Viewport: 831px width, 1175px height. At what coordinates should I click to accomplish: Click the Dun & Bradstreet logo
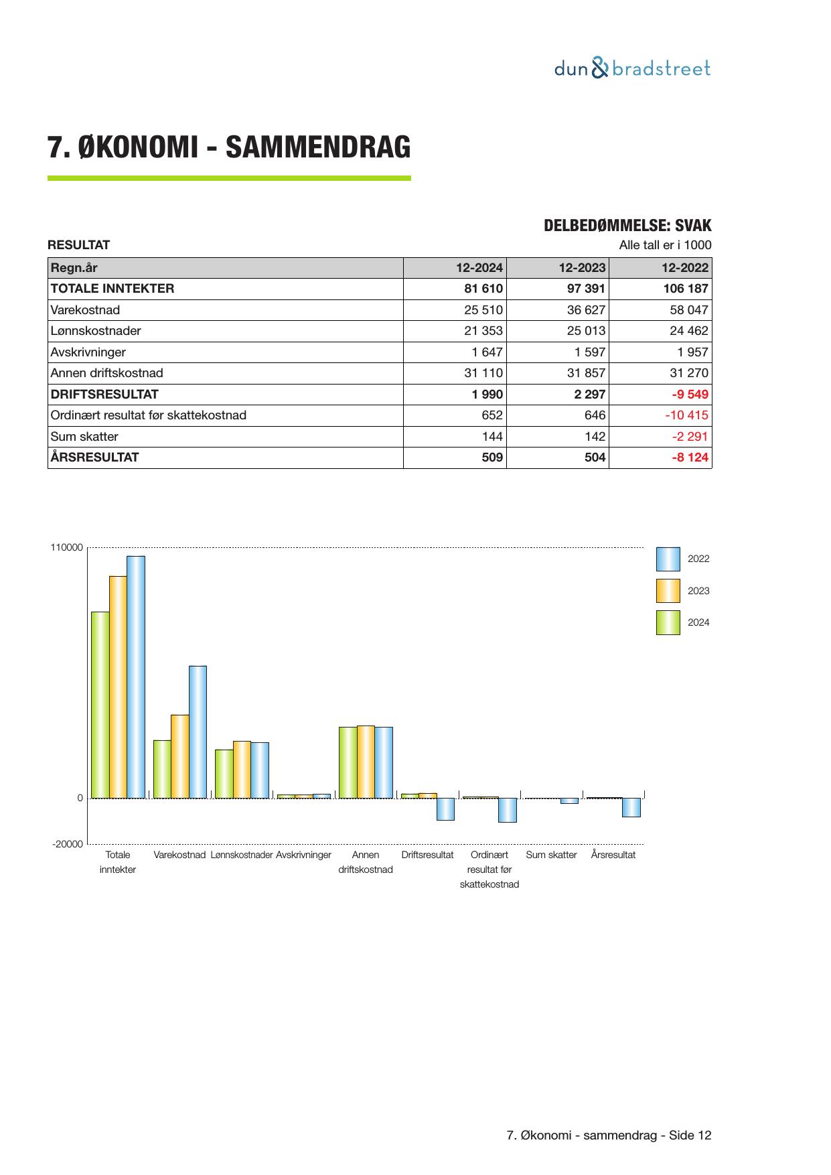[x=632, y=69]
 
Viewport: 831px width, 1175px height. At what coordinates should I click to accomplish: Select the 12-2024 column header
[x=479, y=268]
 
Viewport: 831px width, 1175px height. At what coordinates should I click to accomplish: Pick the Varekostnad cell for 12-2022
[x=688, y=310]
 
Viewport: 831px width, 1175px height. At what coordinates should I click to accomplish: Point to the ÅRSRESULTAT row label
[x=95, y=458]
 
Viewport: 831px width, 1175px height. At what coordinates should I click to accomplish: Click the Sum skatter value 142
[x=593, y=437]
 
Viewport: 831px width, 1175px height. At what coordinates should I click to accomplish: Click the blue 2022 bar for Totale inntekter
[x=136, y=677]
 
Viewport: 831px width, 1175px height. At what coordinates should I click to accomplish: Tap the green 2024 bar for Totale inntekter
[x=100, y=705]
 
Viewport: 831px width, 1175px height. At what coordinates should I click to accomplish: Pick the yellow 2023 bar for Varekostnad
[x=179, y=756]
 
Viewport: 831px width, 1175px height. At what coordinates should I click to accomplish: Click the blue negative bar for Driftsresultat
[x=445, y=809]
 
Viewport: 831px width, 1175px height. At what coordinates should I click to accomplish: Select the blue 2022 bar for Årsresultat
[x=631, y=807]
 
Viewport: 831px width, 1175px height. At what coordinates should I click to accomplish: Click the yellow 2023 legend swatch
[x=668, y=591]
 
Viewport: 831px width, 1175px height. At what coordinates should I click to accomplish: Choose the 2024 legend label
[x=698, y=622]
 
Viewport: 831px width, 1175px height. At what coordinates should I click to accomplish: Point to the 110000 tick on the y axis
[x=67, y=548]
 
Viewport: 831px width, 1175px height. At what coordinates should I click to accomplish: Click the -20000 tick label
[x=68, y=844]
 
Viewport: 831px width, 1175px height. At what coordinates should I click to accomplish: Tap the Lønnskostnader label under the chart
[x=242, y=855]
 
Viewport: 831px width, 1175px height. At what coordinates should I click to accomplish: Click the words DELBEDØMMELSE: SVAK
[x=627, y=226]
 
